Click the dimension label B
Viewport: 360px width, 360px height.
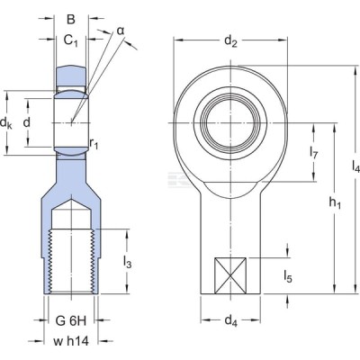click(71, 19)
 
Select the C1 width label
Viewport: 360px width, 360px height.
click(71, 40)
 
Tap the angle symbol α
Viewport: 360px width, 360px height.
click(121, 31)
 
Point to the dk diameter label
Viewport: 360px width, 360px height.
click(6, 122)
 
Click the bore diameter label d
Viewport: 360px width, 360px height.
click(27, 122)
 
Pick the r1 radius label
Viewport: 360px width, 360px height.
click(94, 144)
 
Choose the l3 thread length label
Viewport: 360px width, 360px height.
click(127, 262)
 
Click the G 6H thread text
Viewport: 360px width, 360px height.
click(71, 321)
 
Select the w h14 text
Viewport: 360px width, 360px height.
click(71, 341)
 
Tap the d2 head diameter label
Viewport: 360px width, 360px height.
click(230, 41)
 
